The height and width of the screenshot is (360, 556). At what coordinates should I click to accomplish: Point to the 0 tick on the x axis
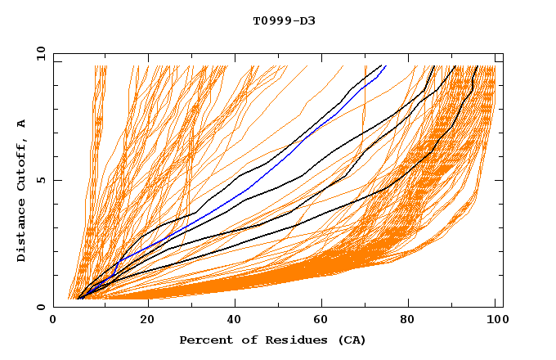tap(53, 321)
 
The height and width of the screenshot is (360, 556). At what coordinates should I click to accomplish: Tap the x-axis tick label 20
tap(142, 321)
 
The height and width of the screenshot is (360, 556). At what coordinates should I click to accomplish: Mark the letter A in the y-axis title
tap(22, 123)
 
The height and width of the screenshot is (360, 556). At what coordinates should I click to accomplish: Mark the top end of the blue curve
tap(385, 65)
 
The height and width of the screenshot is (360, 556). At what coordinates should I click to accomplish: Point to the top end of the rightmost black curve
tap(478, 65)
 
